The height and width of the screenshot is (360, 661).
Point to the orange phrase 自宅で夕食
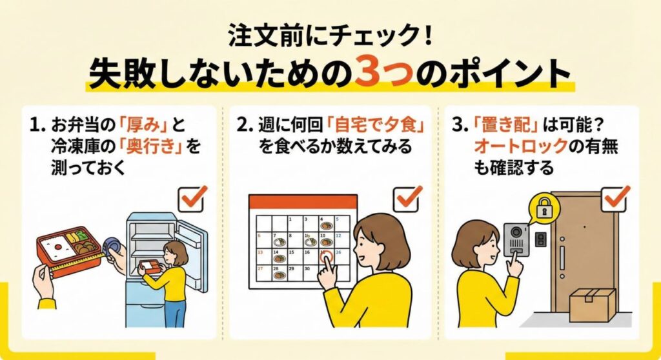(376, 125)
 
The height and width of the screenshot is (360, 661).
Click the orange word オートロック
(521, 146)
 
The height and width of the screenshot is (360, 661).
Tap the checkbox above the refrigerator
(192, 198)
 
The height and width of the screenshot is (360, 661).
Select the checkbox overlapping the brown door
(616, 198)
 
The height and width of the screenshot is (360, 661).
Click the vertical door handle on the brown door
(562, 257)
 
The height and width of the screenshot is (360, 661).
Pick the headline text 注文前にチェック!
(330, 36)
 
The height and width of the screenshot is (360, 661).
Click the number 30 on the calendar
(307, 268)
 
